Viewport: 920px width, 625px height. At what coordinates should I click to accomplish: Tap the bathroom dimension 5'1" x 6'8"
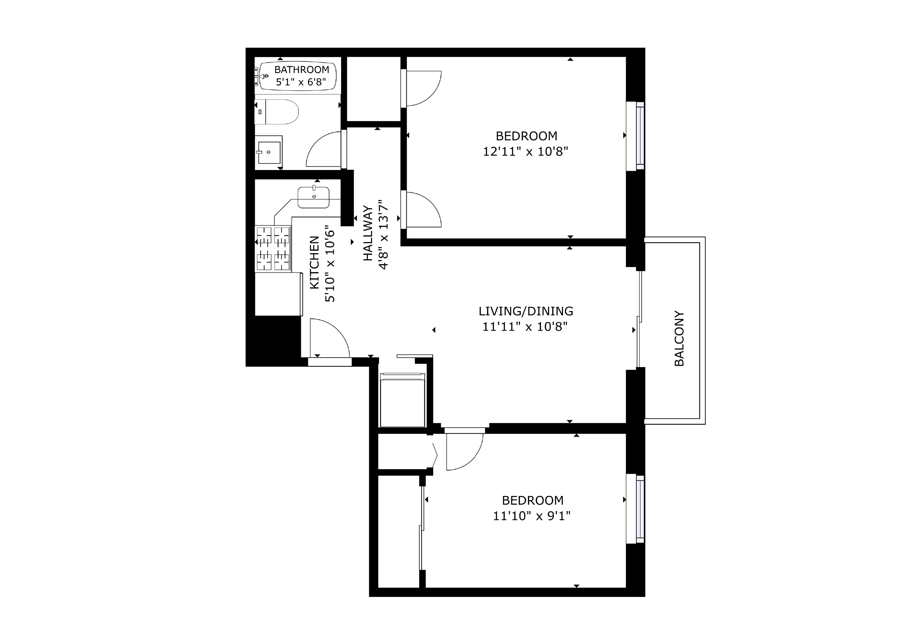tap(301, 82)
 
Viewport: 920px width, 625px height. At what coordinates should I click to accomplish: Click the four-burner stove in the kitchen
tap(273, 249)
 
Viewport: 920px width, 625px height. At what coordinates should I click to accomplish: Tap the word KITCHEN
tap(314, 262)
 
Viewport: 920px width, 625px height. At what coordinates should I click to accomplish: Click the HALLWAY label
tap(368, 233)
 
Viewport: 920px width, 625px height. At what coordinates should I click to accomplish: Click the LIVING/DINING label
tap(526, 311)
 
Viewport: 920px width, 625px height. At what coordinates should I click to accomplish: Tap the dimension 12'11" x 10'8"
tap(525, 151)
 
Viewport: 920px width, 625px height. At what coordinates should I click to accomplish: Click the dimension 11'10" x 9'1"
tap(531, 516)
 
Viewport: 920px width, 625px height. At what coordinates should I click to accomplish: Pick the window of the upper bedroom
tap(635, 136)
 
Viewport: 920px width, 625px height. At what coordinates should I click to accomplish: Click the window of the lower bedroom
tap(635, 509)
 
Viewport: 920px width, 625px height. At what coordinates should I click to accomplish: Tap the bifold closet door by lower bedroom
tap(435, 455)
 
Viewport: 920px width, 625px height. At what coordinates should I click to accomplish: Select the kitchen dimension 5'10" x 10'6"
tap(330, 264)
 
